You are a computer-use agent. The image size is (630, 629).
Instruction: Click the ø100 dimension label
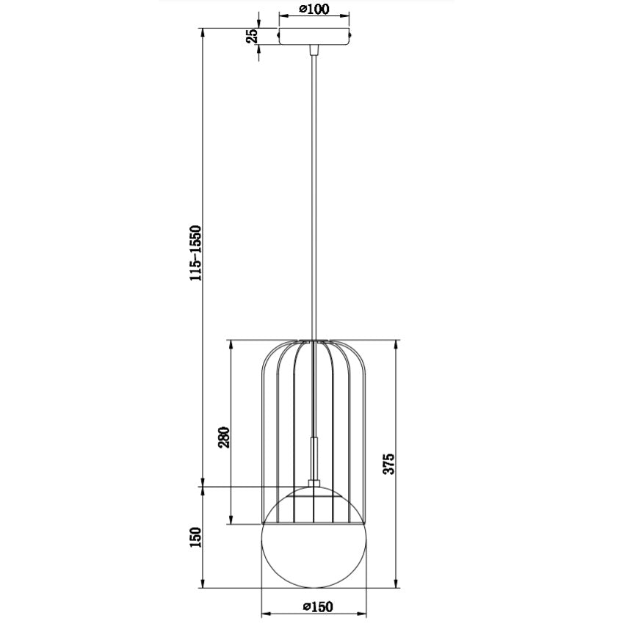pyautogui.click(x=314, y=10)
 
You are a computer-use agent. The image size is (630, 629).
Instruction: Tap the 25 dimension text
pyautogui.click(x=253, y=36)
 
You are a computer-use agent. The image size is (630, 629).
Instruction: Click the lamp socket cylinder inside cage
pyautogui.click(x=314, y=455)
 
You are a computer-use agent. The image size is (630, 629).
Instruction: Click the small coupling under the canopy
pyautogui.click(x=314, y=49)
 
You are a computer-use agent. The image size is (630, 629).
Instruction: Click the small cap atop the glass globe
pyautogui.click(x=314, y=482)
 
